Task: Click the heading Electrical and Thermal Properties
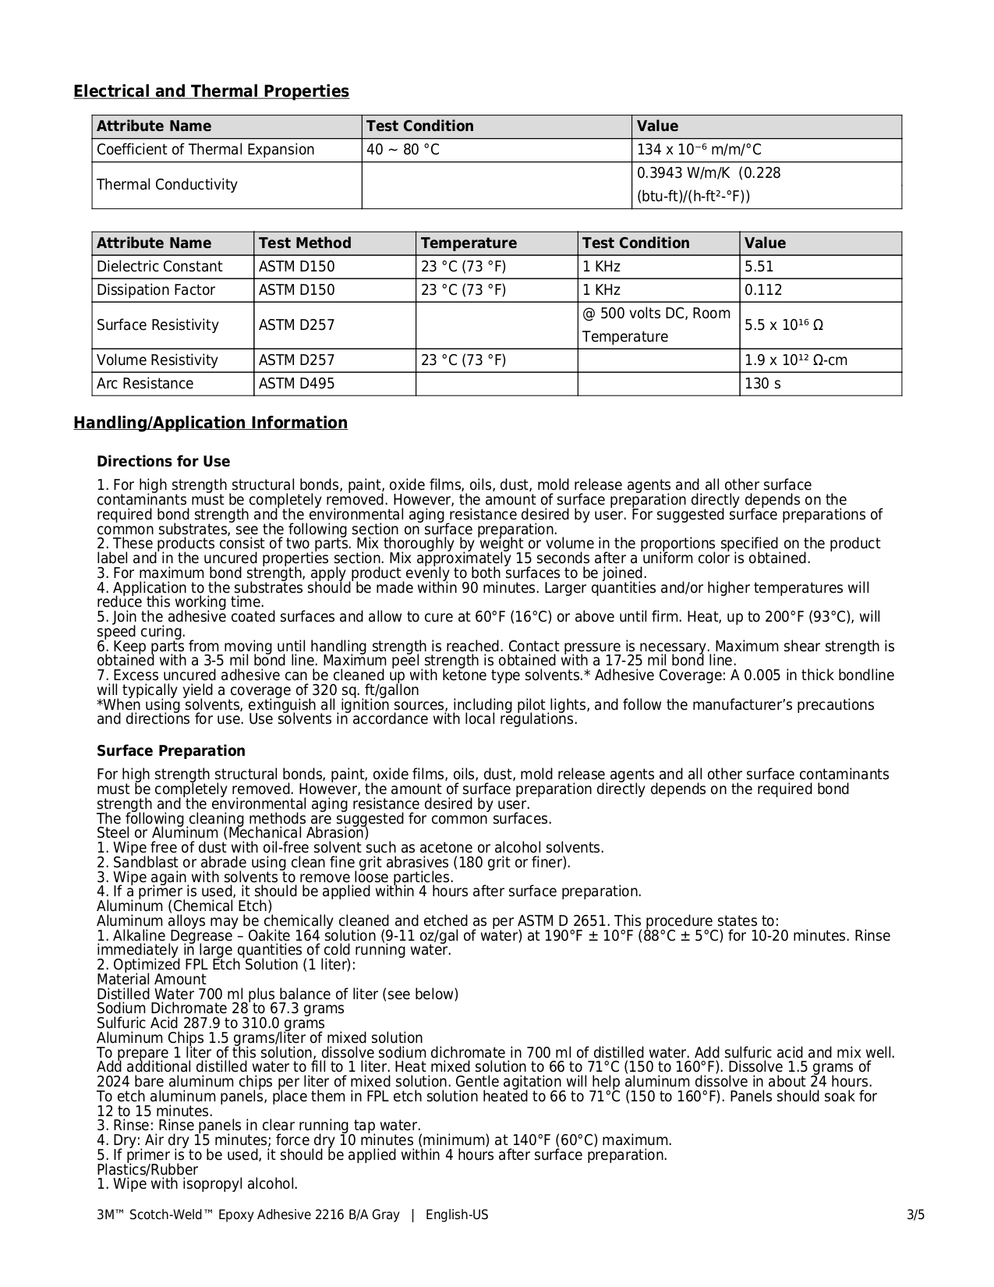point(211,92)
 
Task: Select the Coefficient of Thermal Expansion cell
point(206,150)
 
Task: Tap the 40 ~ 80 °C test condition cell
point(403,150)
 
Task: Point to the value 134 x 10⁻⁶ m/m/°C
point(699,150)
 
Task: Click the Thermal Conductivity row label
point(167,185)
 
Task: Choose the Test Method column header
point(305,243)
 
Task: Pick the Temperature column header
point(469,243)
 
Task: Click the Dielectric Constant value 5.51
point(759,267)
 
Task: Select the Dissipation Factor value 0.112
point(763,290)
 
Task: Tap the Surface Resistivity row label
point(157,325)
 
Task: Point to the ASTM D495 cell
point(296,384)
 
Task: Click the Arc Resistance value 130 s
point(762,384)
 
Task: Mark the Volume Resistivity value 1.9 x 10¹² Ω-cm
point(796,360)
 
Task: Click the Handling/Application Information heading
point(210,424)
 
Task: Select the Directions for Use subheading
point(164,462)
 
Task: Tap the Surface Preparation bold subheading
point(171,751)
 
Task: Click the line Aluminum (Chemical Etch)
point(185,906)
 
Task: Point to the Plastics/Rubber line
point(147,1170)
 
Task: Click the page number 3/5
point(915,1215)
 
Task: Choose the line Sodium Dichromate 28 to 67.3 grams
point(221,1009)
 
